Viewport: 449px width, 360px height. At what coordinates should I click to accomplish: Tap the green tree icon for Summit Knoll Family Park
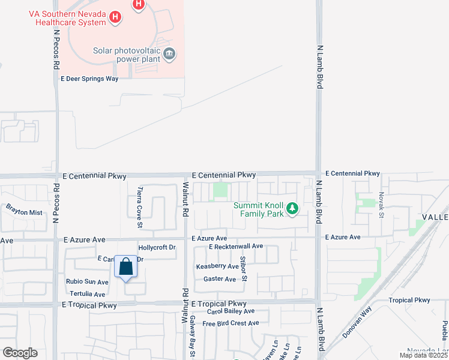pos(292,209)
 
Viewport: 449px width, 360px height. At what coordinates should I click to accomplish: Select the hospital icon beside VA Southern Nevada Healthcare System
pos(115,19)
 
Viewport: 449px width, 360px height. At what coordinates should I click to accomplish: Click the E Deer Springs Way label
pos(89,79)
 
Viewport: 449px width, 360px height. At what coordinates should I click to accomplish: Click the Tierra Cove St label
pos(140,207)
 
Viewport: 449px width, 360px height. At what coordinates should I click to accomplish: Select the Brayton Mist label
pos(25,212)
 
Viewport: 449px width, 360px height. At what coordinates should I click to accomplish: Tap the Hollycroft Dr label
pos(157,247)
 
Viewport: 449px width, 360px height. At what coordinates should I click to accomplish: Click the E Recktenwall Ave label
pos(236,247)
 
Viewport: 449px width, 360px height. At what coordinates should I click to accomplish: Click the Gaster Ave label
pos(220,279)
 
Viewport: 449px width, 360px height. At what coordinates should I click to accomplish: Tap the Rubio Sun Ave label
pos(87,281)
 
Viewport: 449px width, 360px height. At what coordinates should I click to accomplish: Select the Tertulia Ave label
pos(87,294)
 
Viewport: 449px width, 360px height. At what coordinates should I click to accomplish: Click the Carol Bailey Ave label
pos(231,311)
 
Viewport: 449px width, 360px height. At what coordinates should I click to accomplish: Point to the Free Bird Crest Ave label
pos(231,323)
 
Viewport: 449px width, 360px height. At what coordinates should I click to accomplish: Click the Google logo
pos(20,353)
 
